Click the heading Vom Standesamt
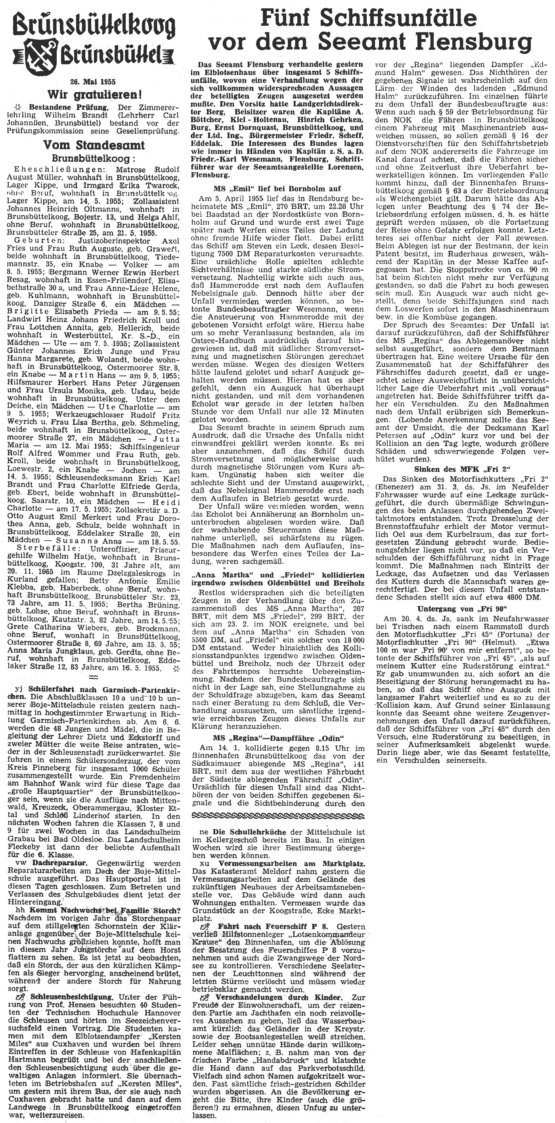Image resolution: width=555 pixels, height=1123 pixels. tap(95, 145)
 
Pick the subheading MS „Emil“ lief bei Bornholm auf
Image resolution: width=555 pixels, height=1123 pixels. tap(277, 188)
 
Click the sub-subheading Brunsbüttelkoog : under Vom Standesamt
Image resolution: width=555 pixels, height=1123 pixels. tap(95, 157)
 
